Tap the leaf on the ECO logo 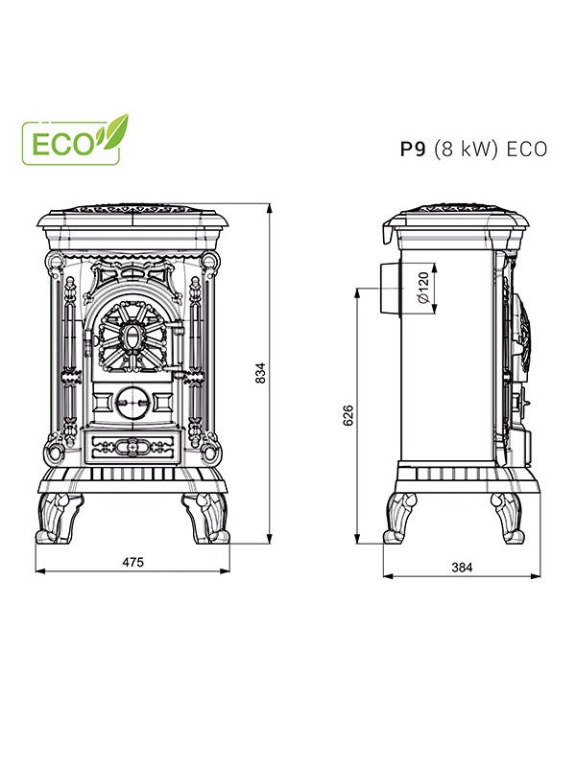click(x=115, y=128)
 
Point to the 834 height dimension click(x=260, y=374)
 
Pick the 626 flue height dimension click(x=348, y=414)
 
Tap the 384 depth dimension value click(x=461, y=568)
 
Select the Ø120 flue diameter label click(x=422, y=285)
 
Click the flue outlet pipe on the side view click(x=390, y=286)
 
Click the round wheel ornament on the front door click(x=133, y=336)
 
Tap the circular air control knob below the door click(x=132, y=400)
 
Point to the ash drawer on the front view click(x=132, y=446)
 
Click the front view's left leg click(x=63, y=518)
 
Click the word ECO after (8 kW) click(x=527, y=149)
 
